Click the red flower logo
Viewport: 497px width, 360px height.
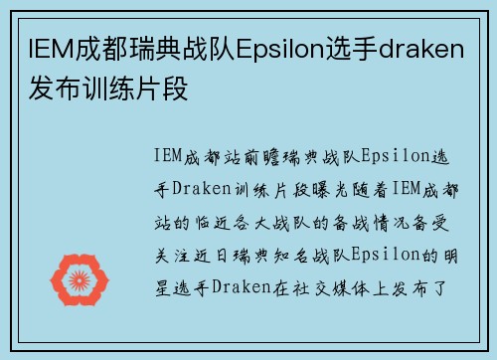click(85, 280)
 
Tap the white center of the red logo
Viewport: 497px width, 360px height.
click(85, 280)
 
